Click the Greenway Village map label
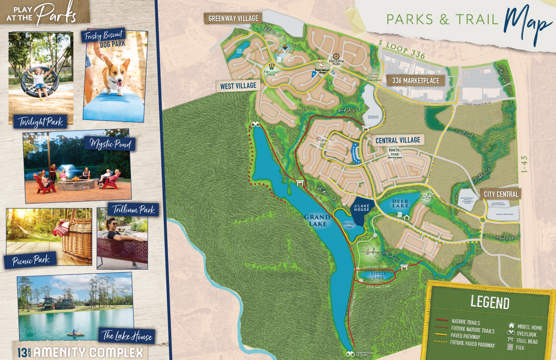(x=233, y=19)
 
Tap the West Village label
(x=238, y=86)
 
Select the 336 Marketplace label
(x=416, y=81)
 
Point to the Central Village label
(x=398, y=140)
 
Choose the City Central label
(x=501, y=194)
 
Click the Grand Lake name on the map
(x=317, y=220)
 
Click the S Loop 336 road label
(x=402, y=49)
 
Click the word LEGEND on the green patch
(x=490, y=303)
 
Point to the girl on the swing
(x=39, y=80)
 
